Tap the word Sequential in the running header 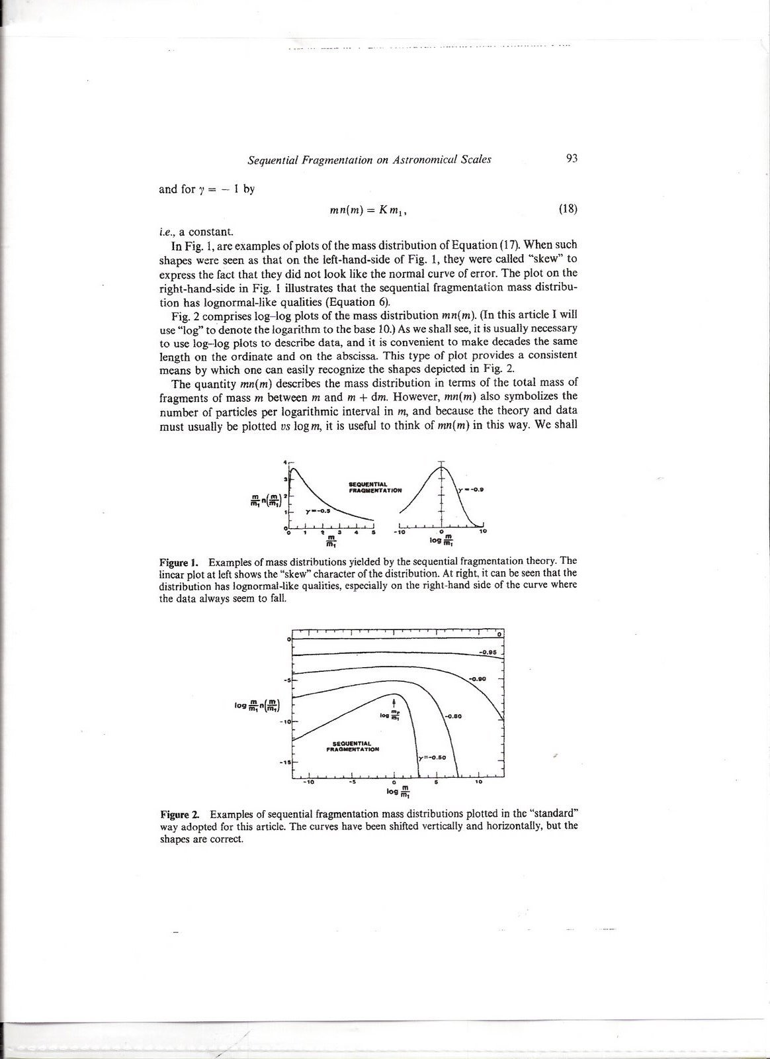coord(270,160)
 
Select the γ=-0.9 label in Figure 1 coord(472,490)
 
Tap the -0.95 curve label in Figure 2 coord(489,653)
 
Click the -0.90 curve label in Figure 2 coord(478,679)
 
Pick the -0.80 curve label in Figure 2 coord(453,715)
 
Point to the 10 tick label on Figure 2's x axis coord(478,782)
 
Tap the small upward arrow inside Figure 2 coord(394,703)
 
